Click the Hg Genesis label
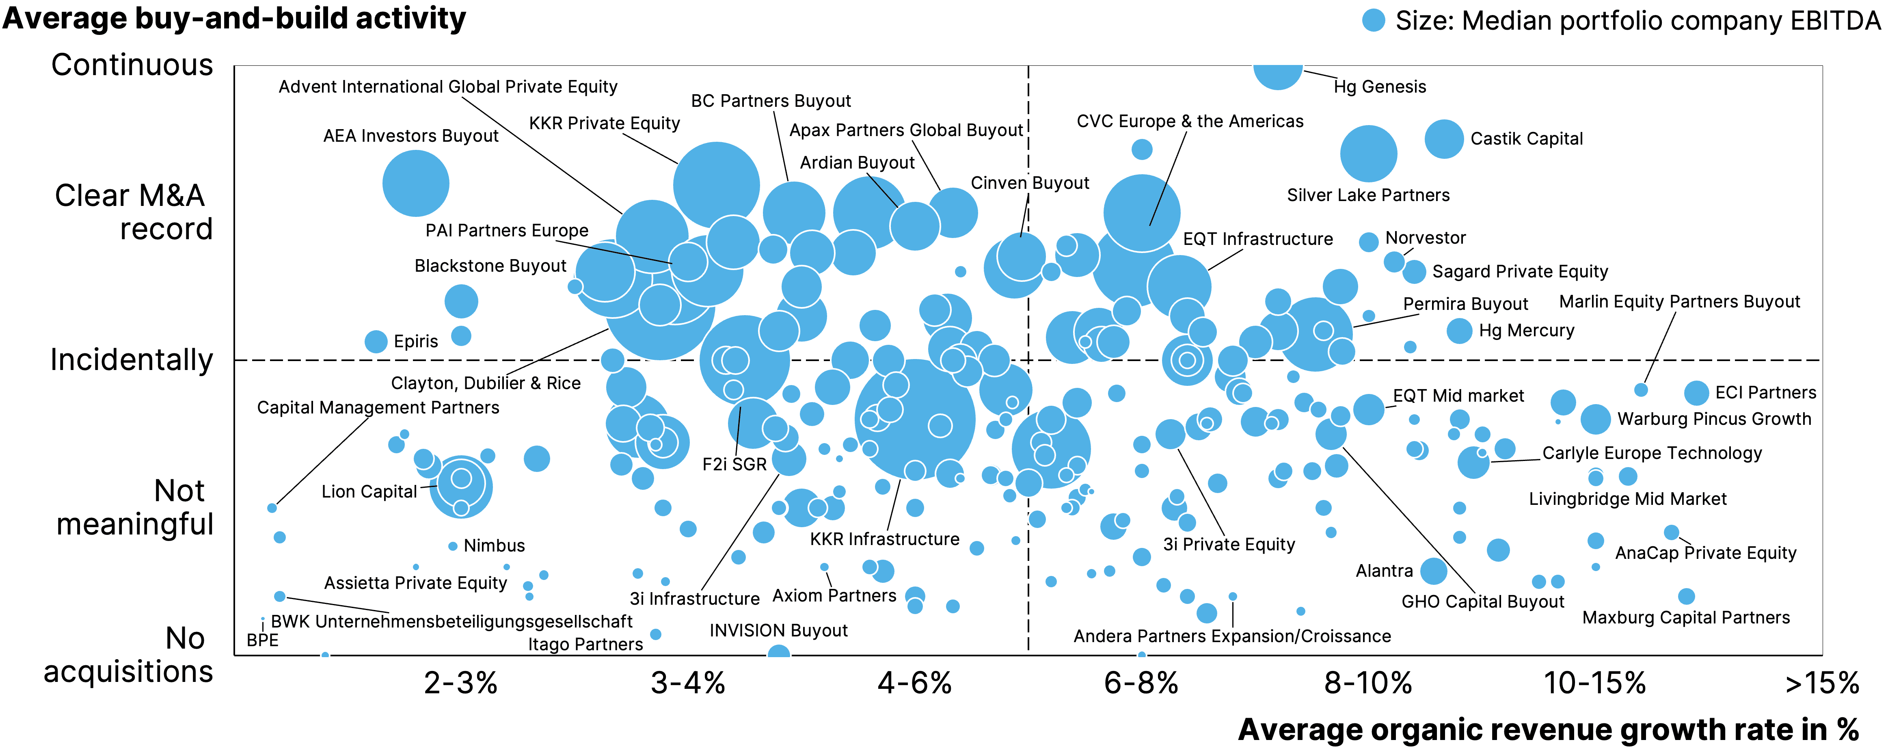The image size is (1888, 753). click(1379, 87)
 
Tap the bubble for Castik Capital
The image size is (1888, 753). click(1444, 138)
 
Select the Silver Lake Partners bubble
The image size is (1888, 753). click(1368, 153)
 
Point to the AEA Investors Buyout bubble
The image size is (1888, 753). click(416, 183)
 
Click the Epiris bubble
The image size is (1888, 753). click(376, 341)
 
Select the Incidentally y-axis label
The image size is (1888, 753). click(132, 360)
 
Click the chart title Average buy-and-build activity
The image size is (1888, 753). click(235, 18)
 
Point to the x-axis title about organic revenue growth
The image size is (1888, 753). click(1548, 729)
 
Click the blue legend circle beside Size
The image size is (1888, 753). click(1374, 21)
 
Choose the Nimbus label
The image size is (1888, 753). click(494, 545)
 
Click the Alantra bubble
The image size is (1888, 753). click(1434, 570)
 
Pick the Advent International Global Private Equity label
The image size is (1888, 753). click(448, 87)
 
